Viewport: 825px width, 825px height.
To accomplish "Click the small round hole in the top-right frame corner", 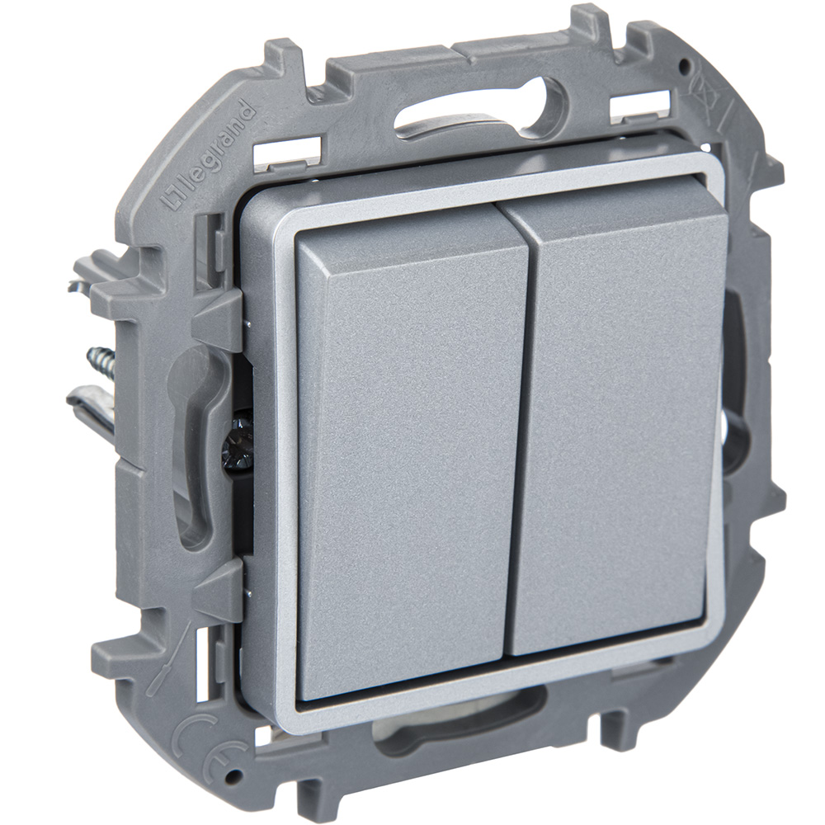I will coord(684,65).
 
